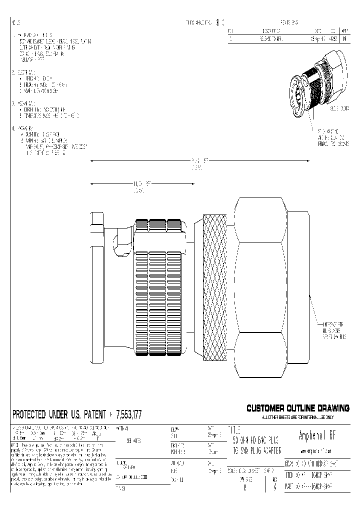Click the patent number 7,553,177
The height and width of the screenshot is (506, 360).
pyautogui.click(x=128, y=414)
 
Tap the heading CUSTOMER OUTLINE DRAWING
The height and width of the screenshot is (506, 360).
pyautogui.click(x=297, y=408)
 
